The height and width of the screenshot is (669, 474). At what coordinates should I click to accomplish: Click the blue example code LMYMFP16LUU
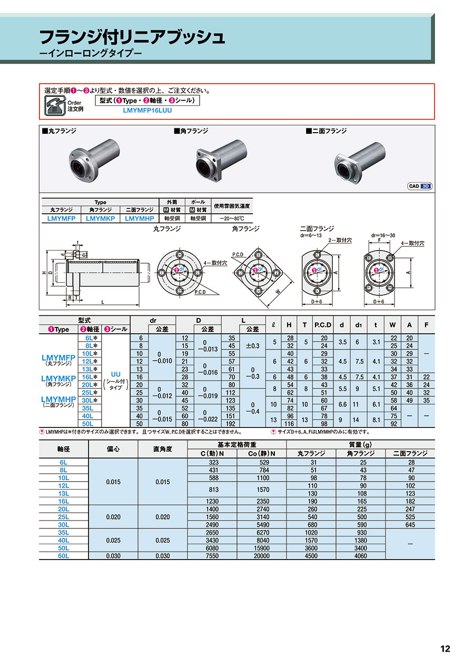(147, 111)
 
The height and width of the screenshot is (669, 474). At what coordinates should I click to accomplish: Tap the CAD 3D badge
(420, 186)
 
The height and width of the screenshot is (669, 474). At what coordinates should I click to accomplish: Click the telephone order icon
(55, 106)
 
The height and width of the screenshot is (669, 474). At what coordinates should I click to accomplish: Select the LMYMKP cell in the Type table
(101, 218)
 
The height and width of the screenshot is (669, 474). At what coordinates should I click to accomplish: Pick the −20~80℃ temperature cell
(232, 218)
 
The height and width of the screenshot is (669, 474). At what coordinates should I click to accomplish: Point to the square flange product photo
(221, 160)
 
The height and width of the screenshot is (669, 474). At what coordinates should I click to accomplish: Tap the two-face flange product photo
(360, 163)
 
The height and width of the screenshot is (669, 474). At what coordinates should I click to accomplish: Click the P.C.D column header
(323, 325)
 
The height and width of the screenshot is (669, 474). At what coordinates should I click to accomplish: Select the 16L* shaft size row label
(90, 377)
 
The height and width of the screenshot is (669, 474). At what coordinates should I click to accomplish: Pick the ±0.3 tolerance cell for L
(253, 346)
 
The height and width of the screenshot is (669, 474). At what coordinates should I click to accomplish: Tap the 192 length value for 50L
(232, 424)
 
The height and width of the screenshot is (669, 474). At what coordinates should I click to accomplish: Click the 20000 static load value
(262, 556)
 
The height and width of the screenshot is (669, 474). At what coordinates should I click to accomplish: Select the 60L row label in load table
(64, 556)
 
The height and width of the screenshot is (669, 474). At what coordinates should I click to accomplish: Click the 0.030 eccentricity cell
(113, 556)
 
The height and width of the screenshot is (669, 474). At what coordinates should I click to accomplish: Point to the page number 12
(445, 648)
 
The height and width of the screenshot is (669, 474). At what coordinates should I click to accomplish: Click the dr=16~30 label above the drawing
(383, 235)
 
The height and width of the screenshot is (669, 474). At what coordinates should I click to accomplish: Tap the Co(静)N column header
(262, 453)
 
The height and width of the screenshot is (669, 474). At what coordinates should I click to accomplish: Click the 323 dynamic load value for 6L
(214, 462)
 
